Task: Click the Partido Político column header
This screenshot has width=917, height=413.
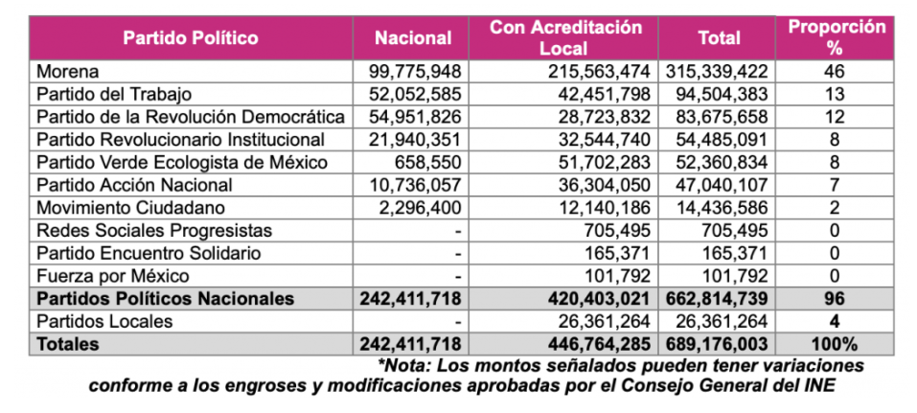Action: point(190,38)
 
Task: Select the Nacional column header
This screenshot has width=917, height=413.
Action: point(413,38)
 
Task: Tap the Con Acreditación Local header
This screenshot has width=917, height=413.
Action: point(565,38)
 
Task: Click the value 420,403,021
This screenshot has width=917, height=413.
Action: point(592,298)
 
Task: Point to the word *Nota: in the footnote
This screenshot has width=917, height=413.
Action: point(407,365)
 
